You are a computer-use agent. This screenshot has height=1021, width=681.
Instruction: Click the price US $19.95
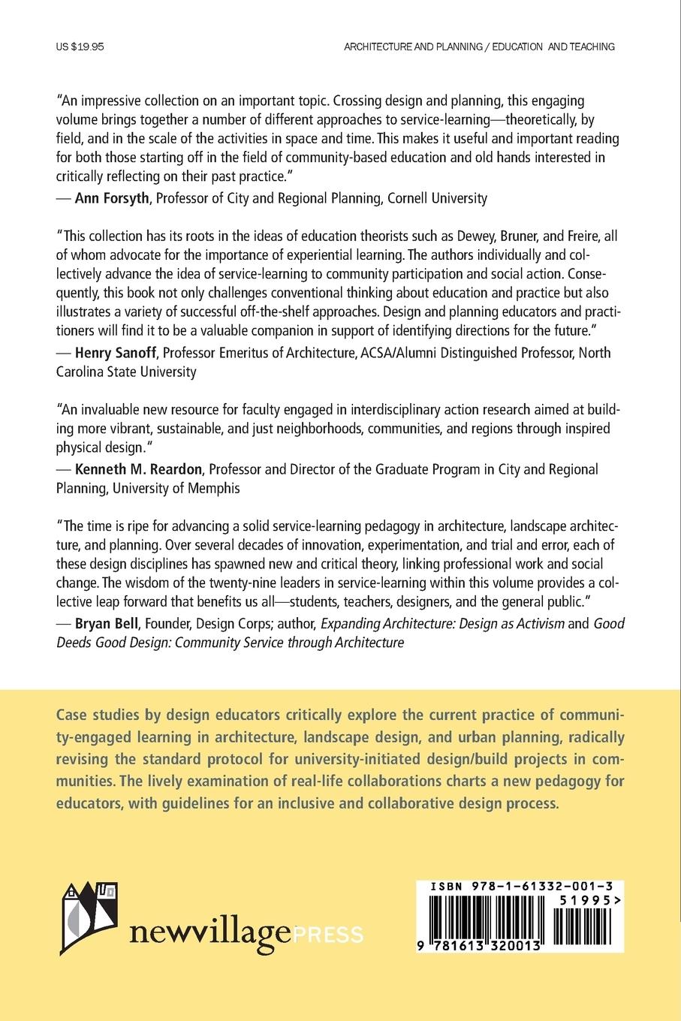[x=80, y=47]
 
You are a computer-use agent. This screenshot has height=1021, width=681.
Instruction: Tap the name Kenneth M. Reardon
[x=139, y=469]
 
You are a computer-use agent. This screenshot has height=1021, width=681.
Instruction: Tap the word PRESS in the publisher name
[x=328, y=935]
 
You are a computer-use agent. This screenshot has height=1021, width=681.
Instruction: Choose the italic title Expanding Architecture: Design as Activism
[x=442, y=623]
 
